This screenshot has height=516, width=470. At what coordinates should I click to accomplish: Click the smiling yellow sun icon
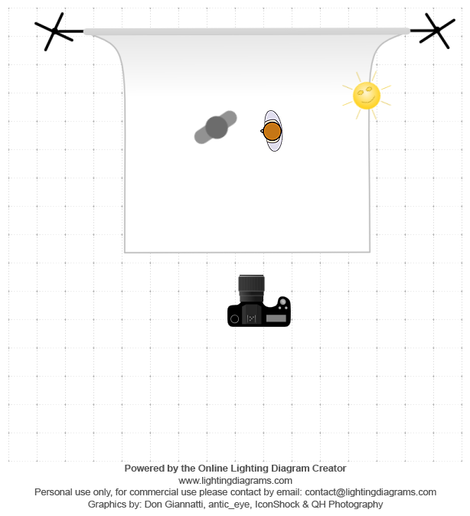[367, 96]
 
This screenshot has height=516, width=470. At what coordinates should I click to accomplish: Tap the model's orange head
[273, 131]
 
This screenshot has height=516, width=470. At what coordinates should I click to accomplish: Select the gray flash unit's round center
[217, 127]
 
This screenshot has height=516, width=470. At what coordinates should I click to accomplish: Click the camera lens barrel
[251, 288]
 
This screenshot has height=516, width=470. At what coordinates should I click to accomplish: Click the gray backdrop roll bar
[246, 31]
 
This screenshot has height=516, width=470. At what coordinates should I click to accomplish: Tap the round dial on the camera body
[282, 302]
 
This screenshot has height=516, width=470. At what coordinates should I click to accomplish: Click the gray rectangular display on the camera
[276, 318]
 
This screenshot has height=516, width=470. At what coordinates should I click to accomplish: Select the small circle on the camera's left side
[235, 319]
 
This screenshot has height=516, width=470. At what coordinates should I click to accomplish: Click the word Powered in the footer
[141, 469]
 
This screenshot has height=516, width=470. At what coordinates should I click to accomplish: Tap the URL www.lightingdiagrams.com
[235, 481]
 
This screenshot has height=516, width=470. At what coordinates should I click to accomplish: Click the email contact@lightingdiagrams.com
[370, 492]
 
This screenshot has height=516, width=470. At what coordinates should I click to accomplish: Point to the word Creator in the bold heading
[329, 469]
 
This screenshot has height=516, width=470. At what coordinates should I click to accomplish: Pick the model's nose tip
[261, 131]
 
